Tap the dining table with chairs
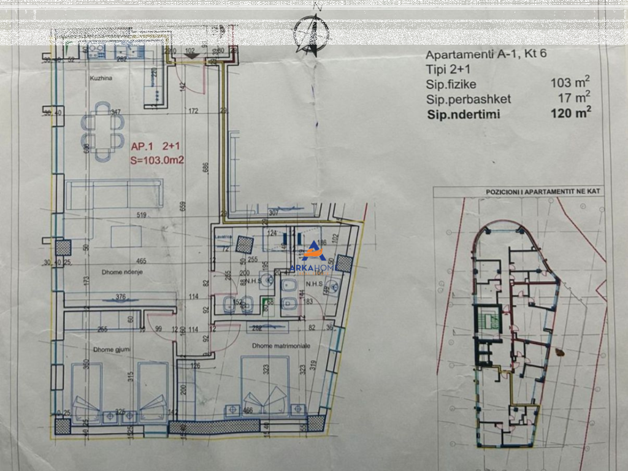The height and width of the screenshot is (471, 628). pos(103,131)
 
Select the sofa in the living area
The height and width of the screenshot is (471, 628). pos(115,193)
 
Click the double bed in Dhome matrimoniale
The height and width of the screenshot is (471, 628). pos(265,385)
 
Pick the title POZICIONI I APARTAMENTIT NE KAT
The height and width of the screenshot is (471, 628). pos(543,192)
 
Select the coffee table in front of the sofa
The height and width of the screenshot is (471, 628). pos(126,236)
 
